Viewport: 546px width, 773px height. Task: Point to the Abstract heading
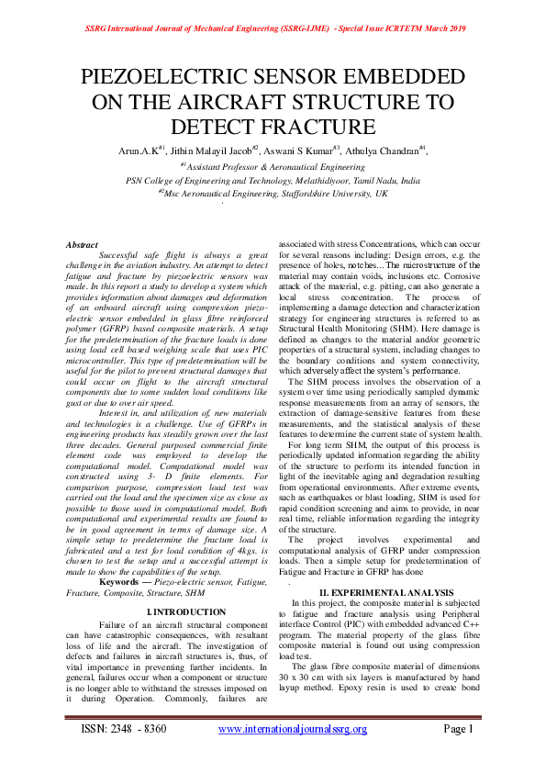coord(82,244)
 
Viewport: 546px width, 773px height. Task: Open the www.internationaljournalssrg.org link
coord(292,729)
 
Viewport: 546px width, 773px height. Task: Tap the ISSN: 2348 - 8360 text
coord(116,729)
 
